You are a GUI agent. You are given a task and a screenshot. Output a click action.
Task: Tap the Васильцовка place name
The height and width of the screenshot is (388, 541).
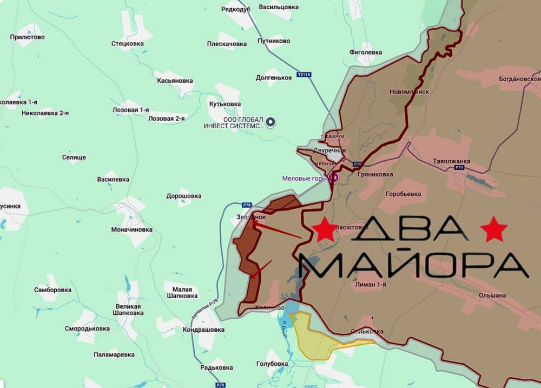(279, 7)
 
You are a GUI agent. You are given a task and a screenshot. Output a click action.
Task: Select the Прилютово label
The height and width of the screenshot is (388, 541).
(27, 37)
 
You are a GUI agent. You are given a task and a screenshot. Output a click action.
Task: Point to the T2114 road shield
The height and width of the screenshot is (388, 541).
(305, 75)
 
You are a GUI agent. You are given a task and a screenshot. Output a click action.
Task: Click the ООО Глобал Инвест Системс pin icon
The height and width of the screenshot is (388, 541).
(272, 122)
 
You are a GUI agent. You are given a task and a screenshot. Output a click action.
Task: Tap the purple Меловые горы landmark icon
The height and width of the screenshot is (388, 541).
(334, 177)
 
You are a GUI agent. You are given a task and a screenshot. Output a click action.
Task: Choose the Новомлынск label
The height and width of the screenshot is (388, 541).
(409, 92)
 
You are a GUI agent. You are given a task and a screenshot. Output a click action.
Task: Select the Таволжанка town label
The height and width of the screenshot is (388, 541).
(452, 161)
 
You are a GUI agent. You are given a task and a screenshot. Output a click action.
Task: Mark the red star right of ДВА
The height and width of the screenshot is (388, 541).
(493, 229)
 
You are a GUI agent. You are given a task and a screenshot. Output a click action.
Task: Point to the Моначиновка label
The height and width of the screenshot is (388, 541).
(131, 229)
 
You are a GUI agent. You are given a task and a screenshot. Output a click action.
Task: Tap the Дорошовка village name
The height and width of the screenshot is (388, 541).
(184, 196)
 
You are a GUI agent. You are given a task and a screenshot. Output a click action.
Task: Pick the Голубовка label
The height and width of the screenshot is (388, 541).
(272, 364)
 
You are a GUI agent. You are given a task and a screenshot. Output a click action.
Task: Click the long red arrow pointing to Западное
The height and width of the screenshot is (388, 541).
(276, 230)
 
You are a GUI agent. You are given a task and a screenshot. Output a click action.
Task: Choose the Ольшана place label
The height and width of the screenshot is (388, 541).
(492, 295)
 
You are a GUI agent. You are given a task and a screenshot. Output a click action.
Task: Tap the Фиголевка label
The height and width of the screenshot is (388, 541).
(366, 52)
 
